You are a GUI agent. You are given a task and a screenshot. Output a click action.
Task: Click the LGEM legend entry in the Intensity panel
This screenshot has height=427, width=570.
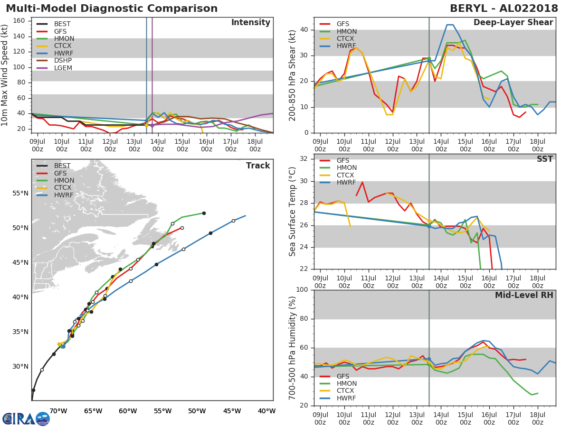click(x=54, y=68)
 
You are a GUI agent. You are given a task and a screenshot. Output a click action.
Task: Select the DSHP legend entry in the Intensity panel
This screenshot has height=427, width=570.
click(x=54, y=60)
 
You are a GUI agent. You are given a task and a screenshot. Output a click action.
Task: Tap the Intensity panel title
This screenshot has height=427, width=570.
click(x=251, y=23)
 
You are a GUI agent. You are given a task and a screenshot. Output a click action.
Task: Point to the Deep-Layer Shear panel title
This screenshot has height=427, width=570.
click(x=513, y=23)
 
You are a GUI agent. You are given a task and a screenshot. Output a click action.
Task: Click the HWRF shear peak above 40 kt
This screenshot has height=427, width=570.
click(x=450, y=25)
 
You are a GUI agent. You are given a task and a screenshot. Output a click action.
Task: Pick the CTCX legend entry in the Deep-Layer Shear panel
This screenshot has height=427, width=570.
click(x=337, y=38)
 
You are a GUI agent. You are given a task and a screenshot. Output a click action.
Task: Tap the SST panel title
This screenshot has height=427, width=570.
click(x=544, y=159)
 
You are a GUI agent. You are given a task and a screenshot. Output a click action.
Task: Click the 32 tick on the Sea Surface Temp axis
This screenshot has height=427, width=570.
click(x=304, y=159)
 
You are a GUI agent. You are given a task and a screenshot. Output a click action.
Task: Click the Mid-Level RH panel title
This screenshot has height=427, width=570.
click(x=524, y=295)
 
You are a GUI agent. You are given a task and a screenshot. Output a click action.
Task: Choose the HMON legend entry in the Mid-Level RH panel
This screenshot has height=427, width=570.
click(x=338, y=383)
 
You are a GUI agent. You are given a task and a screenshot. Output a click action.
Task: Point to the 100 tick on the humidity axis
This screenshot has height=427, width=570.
click(x=302, y=289)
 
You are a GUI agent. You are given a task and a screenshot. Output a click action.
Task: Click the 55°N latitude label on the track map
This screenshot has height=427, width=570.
click(x=20, y=194)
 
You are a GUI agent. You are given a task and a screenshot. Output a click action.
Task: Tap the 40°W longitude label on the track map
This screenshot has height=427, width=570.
click(x=266, y=411)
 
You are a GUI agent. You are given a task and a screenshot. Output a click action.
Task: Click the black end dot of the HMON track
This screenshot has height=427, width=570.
click(x=204, y=213)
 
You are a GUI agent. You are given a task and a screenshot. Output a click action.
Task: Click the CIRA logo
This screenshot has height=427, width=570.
click(x=26, y=418)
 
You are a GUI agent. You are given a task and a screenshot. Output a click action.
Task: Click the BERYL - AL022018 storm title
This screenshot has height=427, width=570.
click(x=504, y=9)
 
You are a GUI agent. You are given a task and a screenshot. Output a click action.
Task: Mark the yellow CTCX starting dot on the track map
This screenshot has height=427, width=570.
click(x=59, y=344)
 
